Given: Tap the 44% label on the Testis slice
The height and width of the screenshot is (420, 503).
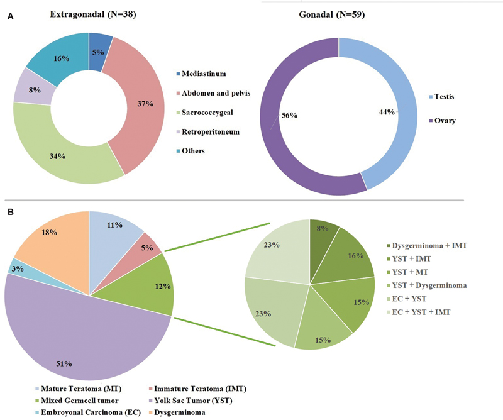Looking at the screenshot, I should pyautogui.click(x=388, y=112).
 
